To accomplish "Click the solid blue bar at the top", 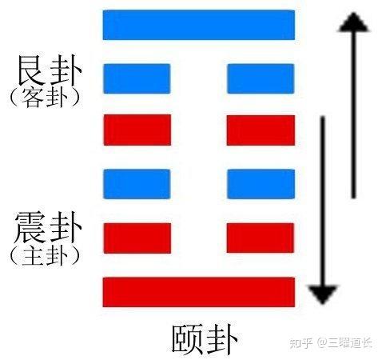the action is [199, 25].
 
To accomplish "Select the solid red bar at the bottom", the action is [199, 292].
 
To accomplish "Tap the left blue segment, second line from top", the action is [137, 78].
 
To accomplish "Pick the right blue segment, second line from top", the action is [261, 78].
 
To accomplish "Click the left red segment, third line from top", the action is [137, 130].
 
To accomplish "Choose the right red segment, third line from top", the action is [261, 130].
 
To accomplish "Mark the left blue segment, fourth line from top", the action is [137, 184].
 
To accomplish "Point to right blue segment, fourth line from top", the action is [261, 184].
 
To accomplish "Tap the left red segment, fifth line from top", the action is [137, 238].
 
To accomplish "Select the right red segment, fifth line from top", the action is [261, 238].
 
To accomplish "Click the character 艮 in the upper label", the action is [31, 70].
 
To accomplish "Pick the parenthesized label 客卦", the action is [45, 98].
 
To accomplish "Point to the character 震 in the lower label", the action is [30, 227].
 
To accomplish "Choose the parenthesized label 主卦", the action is [45, 256].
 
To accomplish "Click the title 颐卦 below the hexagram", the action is [205, 339].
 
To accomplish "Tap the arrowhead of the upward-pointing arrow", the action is [353, 22].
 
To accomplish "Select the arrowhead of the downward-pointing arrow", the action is [323, 294].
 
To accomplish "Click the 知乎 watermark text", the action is [300, 342].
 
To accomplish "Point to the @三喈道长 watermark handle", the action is [344, 342].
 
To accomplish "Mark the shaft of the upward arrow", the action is [353, 114].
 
